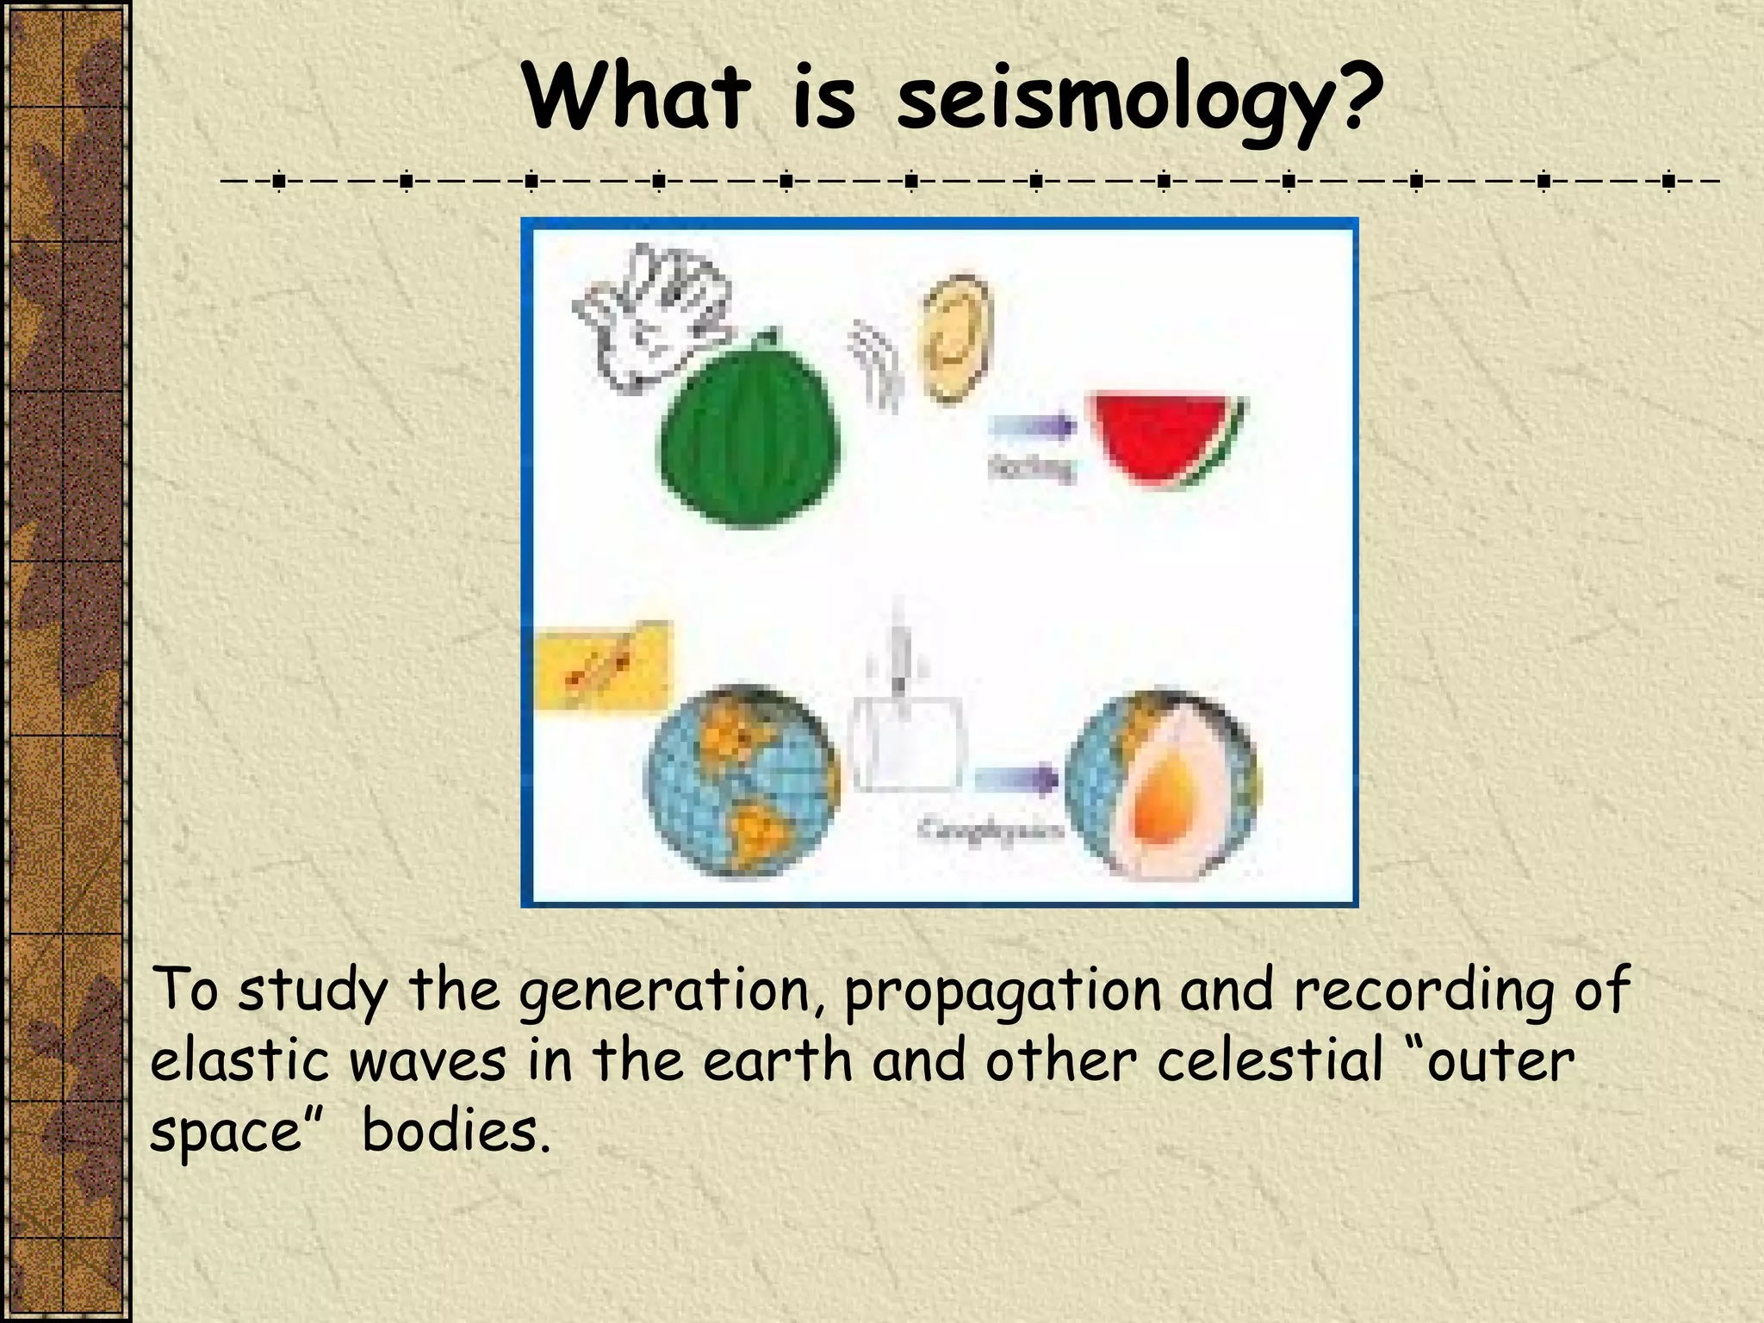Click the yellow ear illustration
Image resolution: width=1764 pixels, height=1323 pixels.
(x=956, y=339)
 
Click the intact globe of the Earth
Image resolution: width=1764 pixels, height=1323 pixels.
(x=742, y=780)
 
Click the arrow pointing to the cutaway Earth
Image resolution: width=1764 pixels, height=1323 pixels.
(x=1016, y=780)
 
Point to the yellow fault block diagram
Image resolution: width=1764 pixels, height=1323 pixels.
(x=602, y=667)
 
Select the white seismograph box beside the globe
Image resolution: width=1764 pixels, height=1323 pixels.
(x=906, y=742)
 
